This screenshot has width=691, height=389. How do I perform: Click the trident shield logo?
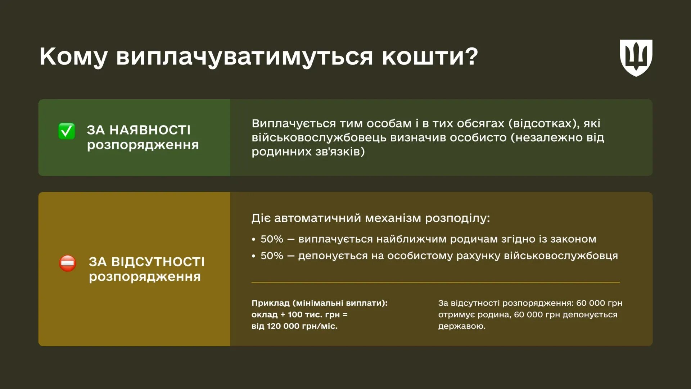pos(636,58)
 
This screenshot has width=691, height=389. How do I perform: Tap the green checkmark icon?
pos(67,131)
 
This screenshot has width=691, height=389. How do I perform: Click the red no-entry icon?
pos(68,263)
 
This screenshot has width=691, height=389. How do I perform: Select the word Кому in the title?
pos(73,56)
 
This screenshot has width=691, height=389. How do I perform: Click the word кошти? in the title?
pos(430,56)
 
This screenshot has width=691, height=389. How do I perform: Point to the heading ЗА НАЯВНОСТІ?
pos(139,130)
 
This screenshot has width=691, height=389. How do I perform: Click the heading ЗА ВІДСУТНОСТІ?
pos(146,262)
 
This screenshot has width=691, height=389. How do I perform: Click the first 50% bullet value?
pos(272,239)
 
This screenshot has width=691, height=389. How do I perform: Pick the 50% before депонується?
pos(272,256)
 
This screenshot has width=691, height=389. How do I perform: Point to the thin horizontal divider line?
pos(435,282)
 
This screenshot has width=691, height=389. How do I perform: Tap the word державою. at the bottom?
pos(462,326)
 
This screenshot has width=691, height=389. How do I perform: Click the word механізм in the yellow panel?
pos(393,218)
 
